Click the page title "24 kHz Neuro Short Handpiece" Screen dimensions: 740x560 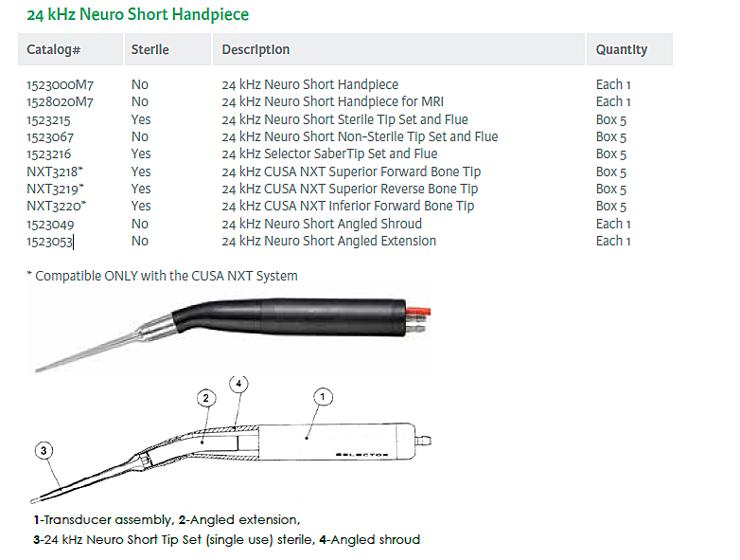(x=138, y=14)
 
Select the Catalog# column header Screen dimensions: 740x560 (x=53, y=49)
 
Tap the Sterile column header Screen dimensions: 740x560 (x=150, y=49)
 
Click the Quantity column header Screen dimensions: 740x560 (x=622, y=49)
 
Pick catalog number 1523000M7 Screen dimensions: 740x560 (x=60, y=85)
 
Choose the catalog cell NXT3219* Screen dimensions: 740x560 (x=55, y=189)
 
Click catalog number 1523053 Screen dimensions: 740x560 (x=49, y=242)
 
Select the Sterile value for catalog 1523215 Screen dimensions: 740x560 (x=141, y=119)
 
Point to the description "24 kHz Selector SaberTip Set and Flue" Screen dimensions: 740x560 (x=329, y=154)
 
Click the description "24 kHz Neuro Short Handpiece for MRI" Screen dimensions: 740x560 (x=333, y=101)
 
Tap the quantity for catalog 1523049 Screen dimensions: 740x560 (x=613, y=224)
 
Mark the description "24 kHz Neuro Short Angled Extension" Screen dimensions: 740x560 (x=329, y=241)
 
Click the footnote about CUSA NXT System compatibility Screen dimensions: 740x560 (x=163, y=276)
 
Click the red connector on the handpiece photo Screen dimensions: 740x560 (x=418, y=312)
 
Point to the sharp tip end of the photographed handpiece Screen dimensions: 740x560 (x=37, y=370)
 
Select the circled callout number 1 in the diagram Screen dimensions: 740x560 (x=323, y=397)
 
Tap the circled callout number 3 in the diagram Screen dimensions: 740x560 (x=44, y=450)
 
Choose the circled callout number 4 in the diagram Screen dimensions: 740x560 (x=238, y=383)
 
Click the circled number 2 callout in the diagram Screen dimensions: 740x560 (x=206, y=398)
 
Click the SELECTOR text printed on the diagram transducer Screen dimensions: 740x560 (x=362, y=455)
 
